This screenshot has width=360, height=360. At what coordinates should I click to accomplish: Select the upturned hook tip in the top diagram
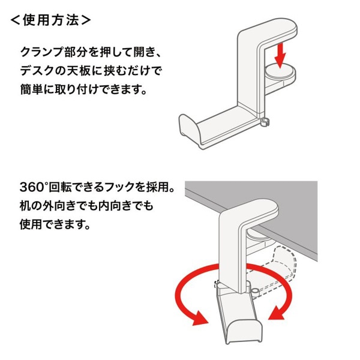click(x=188, y=127)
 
